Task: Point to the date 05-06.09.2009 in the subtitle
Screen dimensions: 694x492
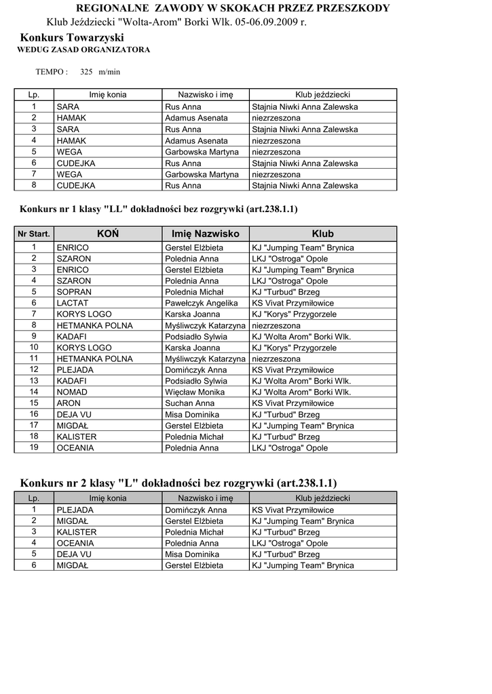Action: pos(266,22)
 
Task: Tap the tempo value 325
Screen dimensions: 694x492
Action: pos(86,71)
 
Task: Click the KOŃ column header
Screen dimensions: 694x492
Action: pos(108,234)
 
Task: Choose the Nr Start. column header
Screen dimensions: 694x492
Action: pos(34,234)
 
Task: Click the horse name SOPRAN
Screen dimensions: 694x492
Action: pos(74,292)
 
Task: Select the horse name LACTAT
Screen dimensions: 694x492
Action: pos(73,303)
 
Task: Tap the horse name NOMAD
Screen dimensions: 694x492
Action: pos(72,392)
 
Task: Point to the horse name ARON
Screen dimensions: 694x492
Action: pos(69,403)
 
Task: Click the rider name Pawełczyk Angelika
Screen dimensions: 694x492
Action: pos(202,303)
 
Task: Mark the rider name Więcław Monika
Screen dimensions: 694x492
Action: pos(195,392)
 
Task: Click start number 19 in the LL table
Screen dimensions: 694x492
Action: pos(34,447)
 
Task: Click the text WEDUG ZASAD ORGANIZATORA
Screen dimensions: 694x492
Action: pos(83,50)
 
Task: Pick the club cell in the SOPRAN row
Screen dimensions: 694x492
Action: pos(285,292)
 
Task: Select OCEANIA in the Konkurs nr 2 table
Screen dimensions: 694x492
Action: pos(75,544)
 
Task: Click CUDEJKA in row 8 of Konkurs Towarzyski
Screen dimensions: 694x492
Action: pos(76,186)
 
